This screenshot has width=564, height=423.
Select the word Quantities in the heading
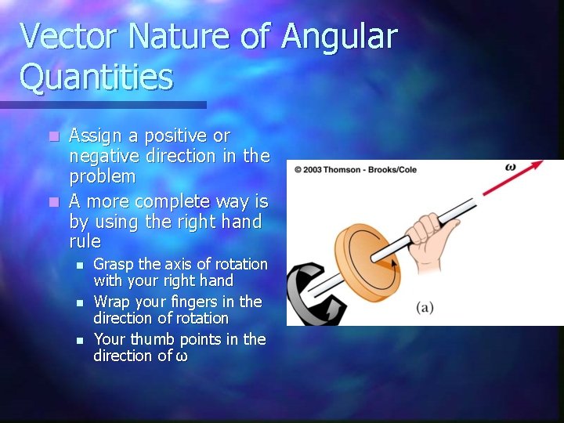point(96,78)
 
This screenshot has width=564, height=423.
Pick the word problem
point(103,177)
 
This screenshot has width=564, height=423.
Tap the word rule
point(85,241)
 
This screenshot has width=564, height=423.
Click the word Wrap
point(110,302)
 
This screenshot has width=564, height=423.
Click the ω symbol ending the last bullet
point(181,356)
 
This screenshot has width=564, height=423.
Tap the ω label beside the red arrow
point(511,167)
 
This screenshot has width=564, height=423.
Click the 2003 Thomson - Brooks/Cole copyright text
point(356,169)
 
